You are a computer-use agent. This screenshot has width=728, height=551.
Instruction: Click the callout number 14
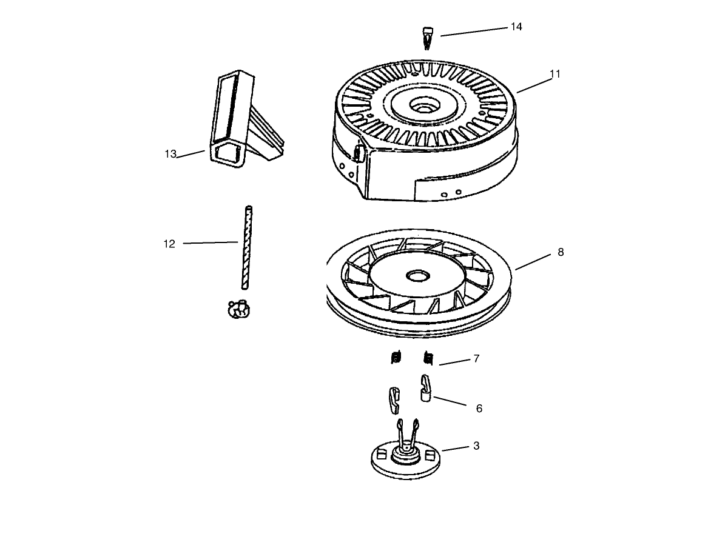click(x=516, y=27)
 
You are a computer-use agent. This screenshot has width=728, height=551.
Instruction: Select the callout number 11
click(x=554, y=74)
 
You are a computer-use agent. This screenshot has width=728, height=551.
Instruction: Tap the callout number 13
click(x=170, y=154)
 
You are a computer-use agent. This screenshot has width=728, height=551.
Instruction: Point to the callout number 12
click(x=169, y=244)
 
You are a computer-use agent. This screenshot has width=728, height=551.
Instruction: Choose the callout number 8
click(x=561, y=252)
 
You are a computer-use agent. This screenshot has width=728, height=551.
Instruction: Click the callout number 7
click(x=476, y=359)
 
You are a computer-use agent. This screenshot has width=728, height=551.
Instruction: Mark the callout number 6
click(x=479, y=409)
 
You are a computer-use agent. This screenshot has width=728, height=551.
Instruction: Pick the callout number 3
click(x=476, y=446)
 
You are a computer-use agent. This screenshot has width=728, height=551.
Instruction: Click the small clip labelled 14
click(x=428, y=37)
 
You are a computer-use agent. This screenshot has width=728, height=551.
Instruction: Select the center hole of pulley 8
click(x=416, y=276)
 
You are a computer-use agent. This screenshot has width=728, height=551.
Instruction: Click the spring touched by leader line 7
click(x=428, y=358)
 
